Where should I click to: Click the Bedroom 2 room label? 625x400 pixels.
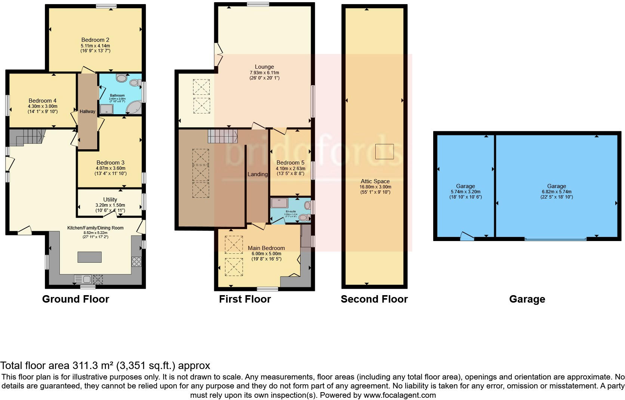coord(95,40)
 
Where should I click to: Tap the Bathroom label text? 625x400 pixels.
coord(117,96)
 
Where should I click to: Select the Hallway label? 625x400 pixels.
coord(87,111)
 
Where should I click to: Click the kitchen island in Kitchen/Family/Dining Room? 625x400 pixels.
coord(90,257)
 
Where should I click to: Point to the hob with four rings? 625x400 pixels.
coord(136,262)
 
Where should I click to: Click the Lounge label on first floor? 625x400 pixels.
coord(264,67)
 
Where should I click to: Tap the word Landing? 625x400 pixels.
coord(258,174)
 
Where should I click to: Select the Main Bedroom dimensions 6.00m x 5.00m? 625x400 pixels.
coord(266,254)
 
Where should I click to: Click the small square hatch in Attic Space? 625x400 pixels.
coord(385,151)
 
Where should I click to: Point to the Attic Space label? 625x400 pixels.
coord(375,181)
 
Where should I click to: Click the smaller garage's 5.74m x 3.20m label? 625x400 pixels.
coord(465,191)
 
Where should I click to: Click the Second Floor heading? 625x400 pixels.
coord(374,299)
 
